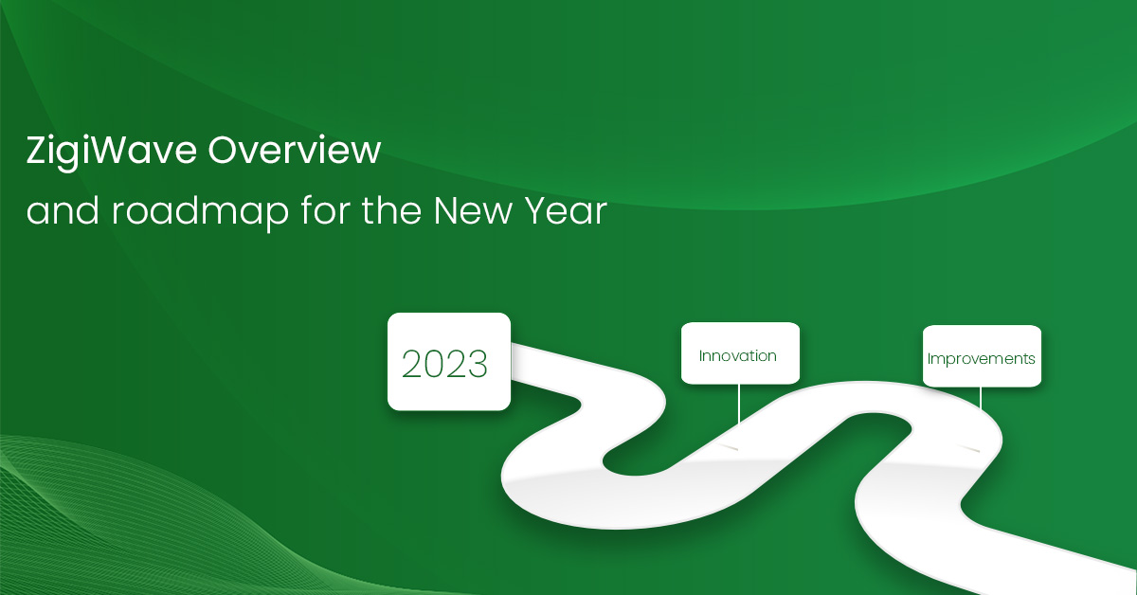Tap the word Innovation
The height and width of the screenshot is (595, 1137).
tap(737, 356)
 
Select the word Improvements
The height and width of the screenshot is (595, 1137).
tap(981, 359)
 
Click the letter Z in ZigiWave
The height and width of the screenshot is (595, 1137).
tap(36, 151)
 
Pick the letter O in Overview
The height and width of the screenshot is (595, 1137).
tap(224, 151)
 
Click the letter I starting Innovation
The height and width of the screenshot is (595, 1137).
tap(701, 356)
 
